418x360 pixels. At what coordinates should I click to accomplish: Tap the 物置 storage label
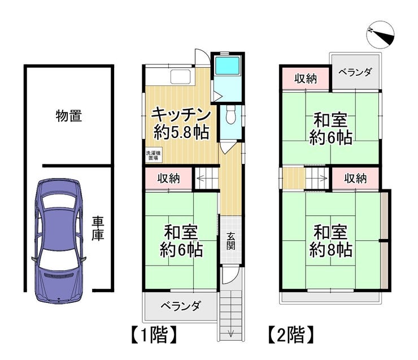click(x=69, y=116)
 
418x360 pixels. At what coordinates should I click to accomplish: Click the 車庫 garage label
click(x=98, y=228)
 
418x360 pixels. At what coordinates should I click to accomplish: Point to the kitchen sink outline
click(x=181, y=76)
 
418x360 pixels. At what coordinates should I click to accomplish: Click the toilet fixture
click(x=230, y=114)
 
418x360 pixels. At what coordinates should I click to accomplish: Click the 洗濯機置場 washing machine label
click(x=153, y=155)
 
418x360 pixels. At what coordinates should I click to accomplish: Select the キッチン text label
click(x=181, y=115)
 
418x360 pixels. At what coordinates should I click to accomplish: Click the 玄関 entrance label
click(x=231, y=241)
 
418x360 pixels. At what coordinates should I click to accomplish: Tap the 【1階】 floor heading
click(x=154, y=335)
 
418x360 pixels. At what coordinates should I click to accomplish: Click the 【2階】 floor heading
click(x=291, y=335)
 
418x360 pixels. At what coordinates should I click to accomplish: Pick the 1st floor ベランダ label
click(x=181, y=306)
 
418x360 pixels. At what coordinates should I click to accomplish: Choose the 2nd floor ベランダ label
click(x=355, y=72)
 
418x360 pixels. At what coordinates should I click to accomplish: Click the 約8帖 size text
click(x=330, y=250)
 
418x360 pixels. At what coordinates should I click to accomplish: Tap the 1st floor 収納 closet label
click(x=168, y=178)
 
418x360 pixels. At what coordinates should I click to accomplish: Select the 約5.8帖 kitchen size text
click(x=181, y=132)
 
